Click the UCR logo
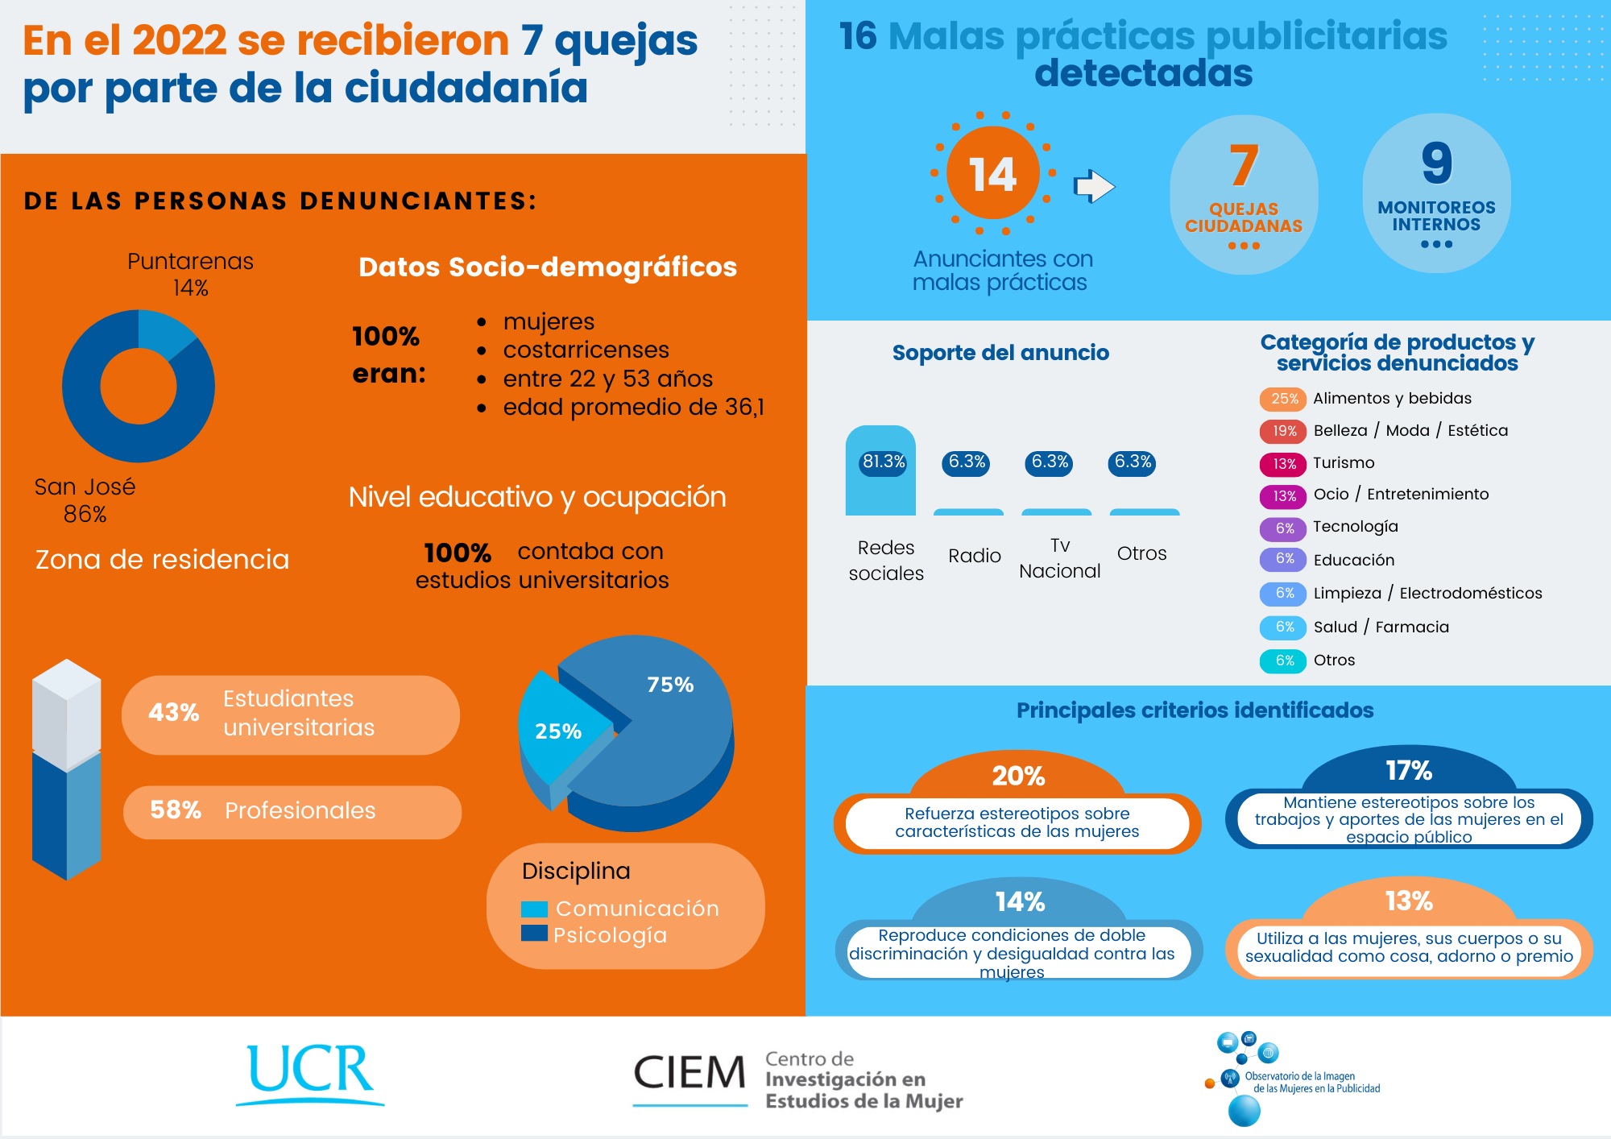[x=310, y=1071]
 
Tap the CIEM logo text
[x=690, y=1073]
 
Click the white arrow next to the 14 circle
[x=1094, y=186]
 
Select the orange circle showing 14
[x=992, y=173]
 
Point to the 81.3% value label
[x=884, y=462]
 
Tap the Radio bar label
[x=975, y=556]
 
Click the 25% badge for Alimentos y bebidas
[x=1284, y=399]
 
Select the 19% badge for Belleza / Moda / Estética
[x=1284, y=431]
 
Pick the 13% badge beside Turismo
[x=1284, y=464]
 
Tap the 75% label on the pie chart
[x=670, y=685]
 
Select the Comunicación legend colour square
[x=534, y=909]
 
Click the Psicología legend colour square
[x=534, y=934]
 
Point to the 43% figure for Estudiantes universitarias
[x=173, y=712]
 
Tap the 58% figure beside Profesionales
[x=175, y=810]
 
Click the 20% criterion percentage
[x=1018, y=776]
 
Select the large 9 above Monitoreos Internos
[x=1436, y=164]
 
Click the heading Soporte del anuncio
[x=1000, y=353]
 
